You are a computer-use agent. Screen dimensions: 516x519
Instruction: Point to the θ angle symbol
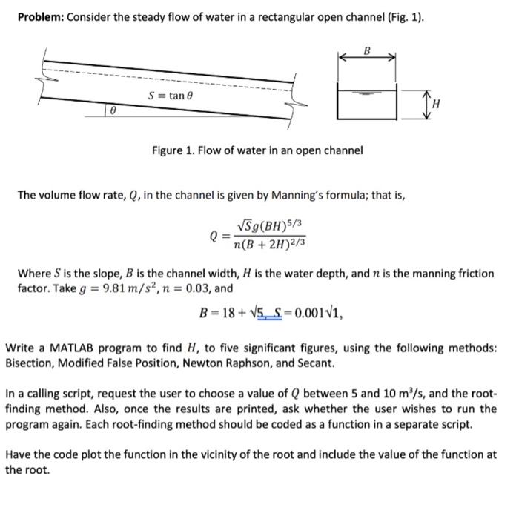[112, 109]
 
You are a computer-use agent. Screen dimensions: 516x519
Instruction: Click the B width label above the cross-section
[366, 50]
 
